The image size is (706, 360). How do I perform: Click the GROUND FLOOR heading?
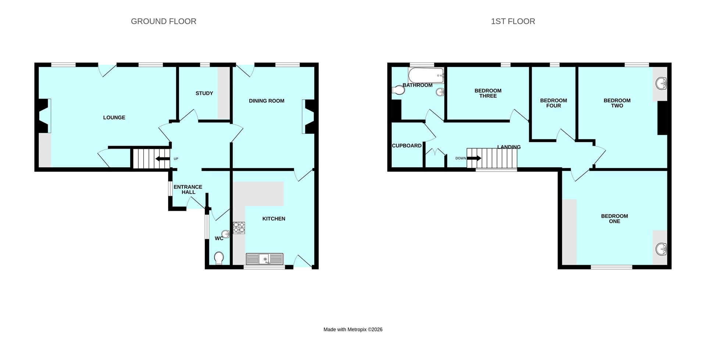tap(163, 21)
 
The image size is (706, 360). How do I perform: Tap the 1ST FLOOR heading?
tap(513, 21)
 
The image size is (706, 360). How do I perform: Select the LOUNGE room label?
tap(114, 118)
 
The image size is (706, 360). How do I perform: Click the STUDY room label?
tap(204, 93)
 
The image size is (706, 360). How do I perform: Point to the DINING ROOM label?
tap(266, 101)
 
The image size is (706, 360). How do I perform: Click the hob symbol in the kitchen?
tap(239, 228)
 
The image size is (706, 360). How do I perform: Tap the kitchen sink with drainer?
tap(265, 259)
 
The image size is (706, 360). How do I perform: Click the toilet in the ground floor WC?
tap(219, 258)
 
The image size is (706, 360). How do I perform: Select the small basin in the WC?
tap(225, 234)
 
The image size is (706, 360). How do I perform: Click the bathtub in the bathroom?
tap(427, 75)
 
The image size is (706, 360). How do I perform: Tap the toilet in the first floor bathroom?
tap(397, 90)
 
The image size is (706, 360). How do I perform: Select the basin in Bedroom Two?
tap(661, 83)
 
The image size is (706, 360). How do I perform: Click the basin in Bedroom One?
tap(661, 249)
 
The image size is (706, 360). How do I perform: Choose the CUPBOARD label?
tap(406, 146)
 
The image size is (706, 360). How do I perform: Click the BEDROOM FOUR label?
tap(553, 103)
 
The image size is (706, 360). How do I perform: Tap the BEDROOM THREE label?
tap(488, 93)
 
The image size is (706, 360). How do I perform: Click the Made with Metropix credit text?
tap(353, 329)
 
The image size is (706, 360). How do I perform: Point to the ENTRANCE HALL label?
tap(188, 189)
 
